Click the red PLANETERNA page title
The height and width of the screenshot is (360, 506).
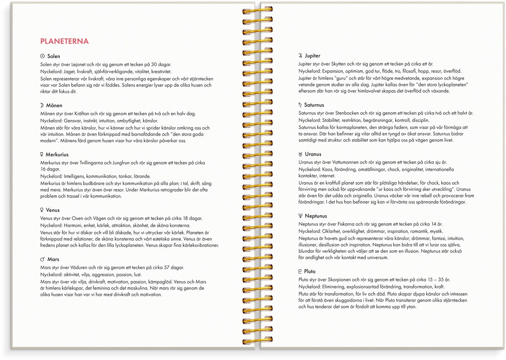point(64,41)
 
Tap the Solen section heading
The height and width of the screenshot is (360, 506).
point(54,56)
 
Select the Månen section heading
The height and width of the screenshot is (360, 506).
point(55,106)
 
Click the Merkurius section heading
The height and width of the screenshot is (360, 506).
point(58,155)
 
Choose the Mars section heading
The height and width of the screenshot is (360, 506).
point(53,259)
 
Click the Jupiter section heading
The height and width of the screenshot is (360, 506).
point(313,56)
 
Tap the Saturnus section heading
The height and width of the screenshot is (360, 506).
point(314,105)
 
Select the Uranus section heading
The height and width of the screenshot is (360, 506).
point(313,154)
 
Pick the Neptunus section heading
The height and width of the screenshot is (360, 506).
point(316,216)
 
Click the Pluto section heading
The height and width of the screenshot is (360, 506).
point(310,271)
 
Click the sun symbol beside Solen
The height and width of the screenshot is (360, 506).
point(42,56)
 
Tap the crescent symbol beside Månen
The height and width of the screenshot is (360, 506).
point(42,106)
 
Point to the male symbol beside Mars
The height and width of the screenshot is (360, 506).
point(42,259)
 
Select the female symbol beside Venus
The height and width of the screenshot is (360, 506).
point(42,210)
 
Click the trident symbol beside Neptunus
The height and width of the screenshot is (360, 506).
point(300,216)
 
